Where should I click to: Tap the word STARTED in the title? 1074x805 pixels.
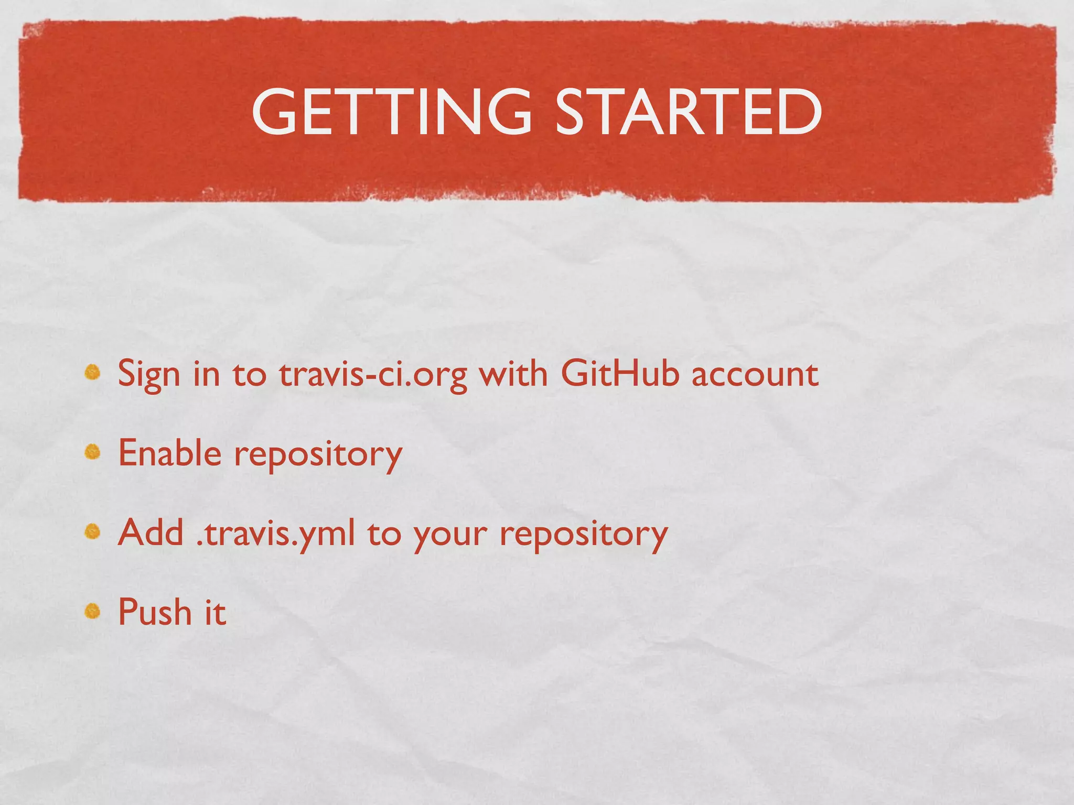688,111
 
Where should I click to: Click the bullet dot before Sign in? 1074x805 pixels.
93,373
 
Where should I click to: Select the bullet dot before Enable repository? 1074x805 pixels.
93,452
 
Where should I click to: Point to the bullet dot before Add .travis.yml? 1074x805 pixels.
93,531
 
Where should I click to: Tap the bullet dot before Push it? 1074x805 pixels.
93,611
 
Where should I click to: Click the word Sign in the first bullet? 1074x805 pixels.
149,375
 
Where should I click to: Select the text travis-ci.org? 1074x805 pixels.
373,375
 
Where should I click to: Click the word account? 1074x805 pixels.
755,374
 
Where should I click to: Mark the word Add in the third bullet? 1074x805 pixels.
151,532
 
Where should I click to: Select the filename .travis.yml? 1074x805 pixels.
275,534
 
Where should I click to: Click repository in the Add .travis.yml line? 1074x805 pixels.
584,535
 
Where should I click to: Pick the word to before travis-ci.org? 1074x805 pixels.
250,374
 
